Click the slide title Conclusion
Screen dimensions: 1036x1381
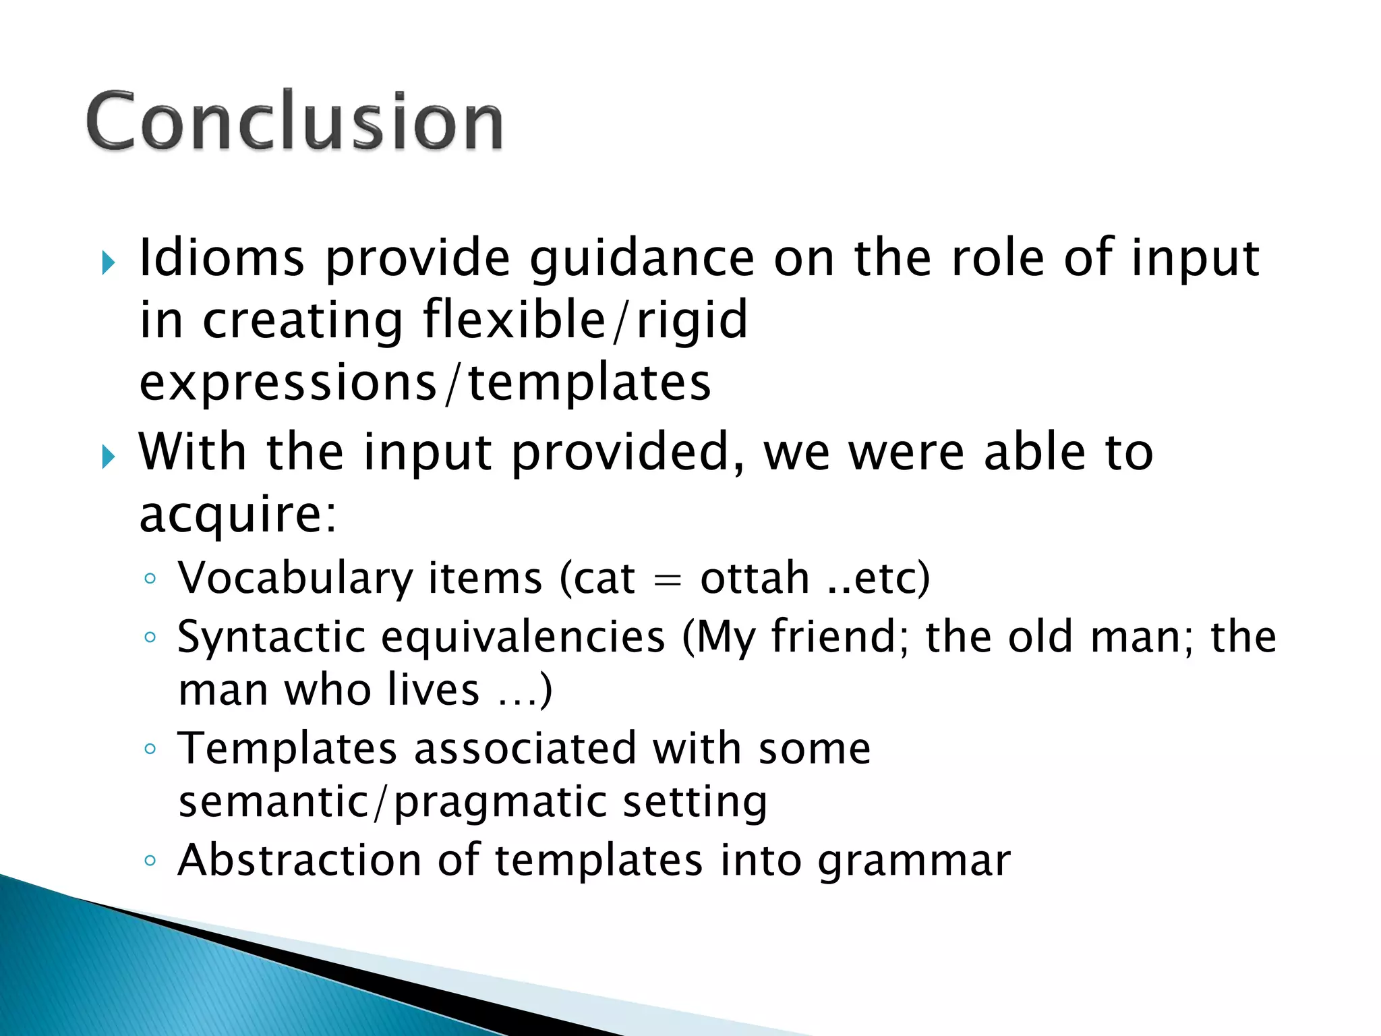tap(295, 121)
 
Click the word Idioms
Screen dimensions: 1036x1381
tap(222, 258)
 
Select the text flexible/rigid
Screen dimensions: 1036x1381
tap(585, 320)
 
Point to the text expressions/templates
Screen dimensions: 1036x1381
tap(425, 382)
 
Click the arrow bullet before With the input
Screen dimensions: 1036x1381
tap(108, 457)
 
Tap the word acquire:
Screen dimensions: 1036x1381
tap(237, 515)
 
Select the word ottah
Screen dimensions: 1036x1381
tap(755, 579)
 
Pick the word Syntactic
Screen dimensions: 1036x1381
tap(271, 638)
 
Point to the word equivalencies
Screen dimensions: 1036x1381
tap(523, 638)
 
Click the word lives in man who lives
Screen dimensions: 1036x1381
tap(434, 690)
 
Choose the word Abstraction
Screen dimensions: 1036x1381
tap(299, 861)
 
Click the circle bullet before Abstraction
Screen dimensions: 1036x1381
tap(150, 861)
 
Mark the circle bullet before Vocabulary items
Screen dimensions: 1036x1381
tap(150, 579)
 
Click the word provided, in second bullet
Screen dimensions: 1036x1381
tap(628, 453)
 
